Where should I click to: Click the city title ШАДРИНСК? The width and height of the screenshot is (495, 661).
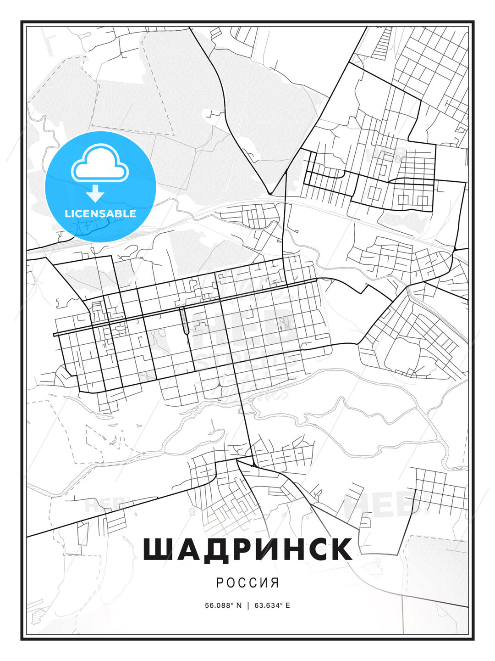click(247, 549)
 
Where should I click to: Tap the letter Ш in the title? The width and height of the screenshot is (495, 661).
click(157, 549)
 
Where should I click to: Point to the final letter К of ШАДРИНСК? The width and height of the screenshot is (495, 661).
click(340, 549)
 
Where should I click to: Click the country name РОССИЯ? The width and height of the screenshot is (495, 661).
click(247, 583)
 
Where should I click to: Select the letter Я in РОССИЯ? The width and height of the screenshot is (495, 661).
click(275, 583)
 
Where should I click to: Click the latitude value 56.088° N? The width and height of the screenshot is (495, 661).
click(223, 605)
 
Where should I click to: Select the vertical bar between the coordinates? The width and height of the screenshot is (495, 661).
click(248, 605)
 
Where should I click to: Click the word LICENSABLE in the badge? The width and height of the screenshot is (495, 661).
click(100, 213)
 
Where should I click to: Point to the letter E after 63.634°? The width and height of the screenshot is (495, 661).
click(287, 605)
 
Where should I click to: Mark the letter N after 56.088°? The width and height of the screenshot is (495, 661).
click(238, 605)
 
